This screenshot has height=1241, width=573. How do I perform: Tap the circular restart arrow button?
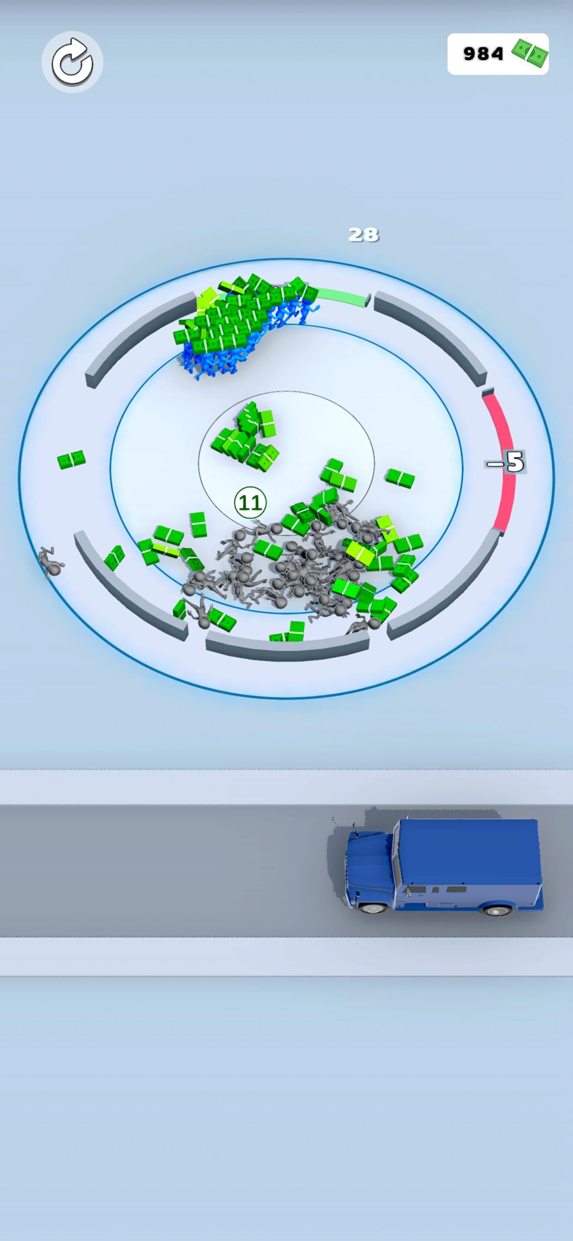tap(72, 62)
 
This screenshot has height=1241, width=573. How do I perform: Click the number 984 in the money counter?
tap(483, 54)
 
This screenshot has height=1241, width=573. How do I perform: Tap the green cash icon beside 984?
tap(530, 53)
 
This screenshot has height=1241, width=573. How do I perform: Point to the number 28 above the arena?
tap(363, 235)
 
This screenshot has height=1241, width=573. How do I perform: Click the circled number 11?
tap(251, 503)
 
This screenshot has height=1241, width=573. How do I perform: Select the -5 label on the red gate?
tap(505, 462)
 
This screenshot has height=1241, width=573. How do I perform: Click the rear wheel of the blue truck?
tap(496, 910)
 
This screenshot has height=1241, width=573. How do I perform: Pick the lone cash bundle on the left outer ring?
tap(71, 460)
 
